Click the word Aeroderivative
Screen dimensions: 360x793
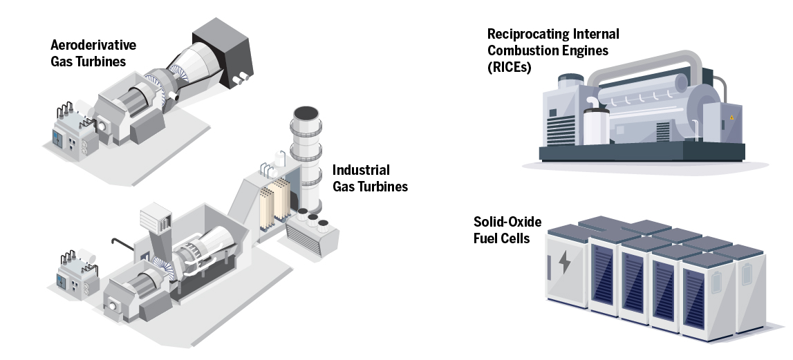(93, 46)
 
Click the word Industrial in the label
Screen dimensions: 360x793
(361, 170)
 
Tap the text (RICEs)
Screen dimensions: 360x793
(509, 67)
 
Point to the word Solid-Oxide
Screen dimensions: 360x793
(507, 222)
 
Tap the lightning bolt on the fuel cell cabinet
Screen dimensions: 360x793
(565, 263)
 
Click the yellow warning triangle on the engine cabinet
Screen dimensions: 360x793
(731, 118)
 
